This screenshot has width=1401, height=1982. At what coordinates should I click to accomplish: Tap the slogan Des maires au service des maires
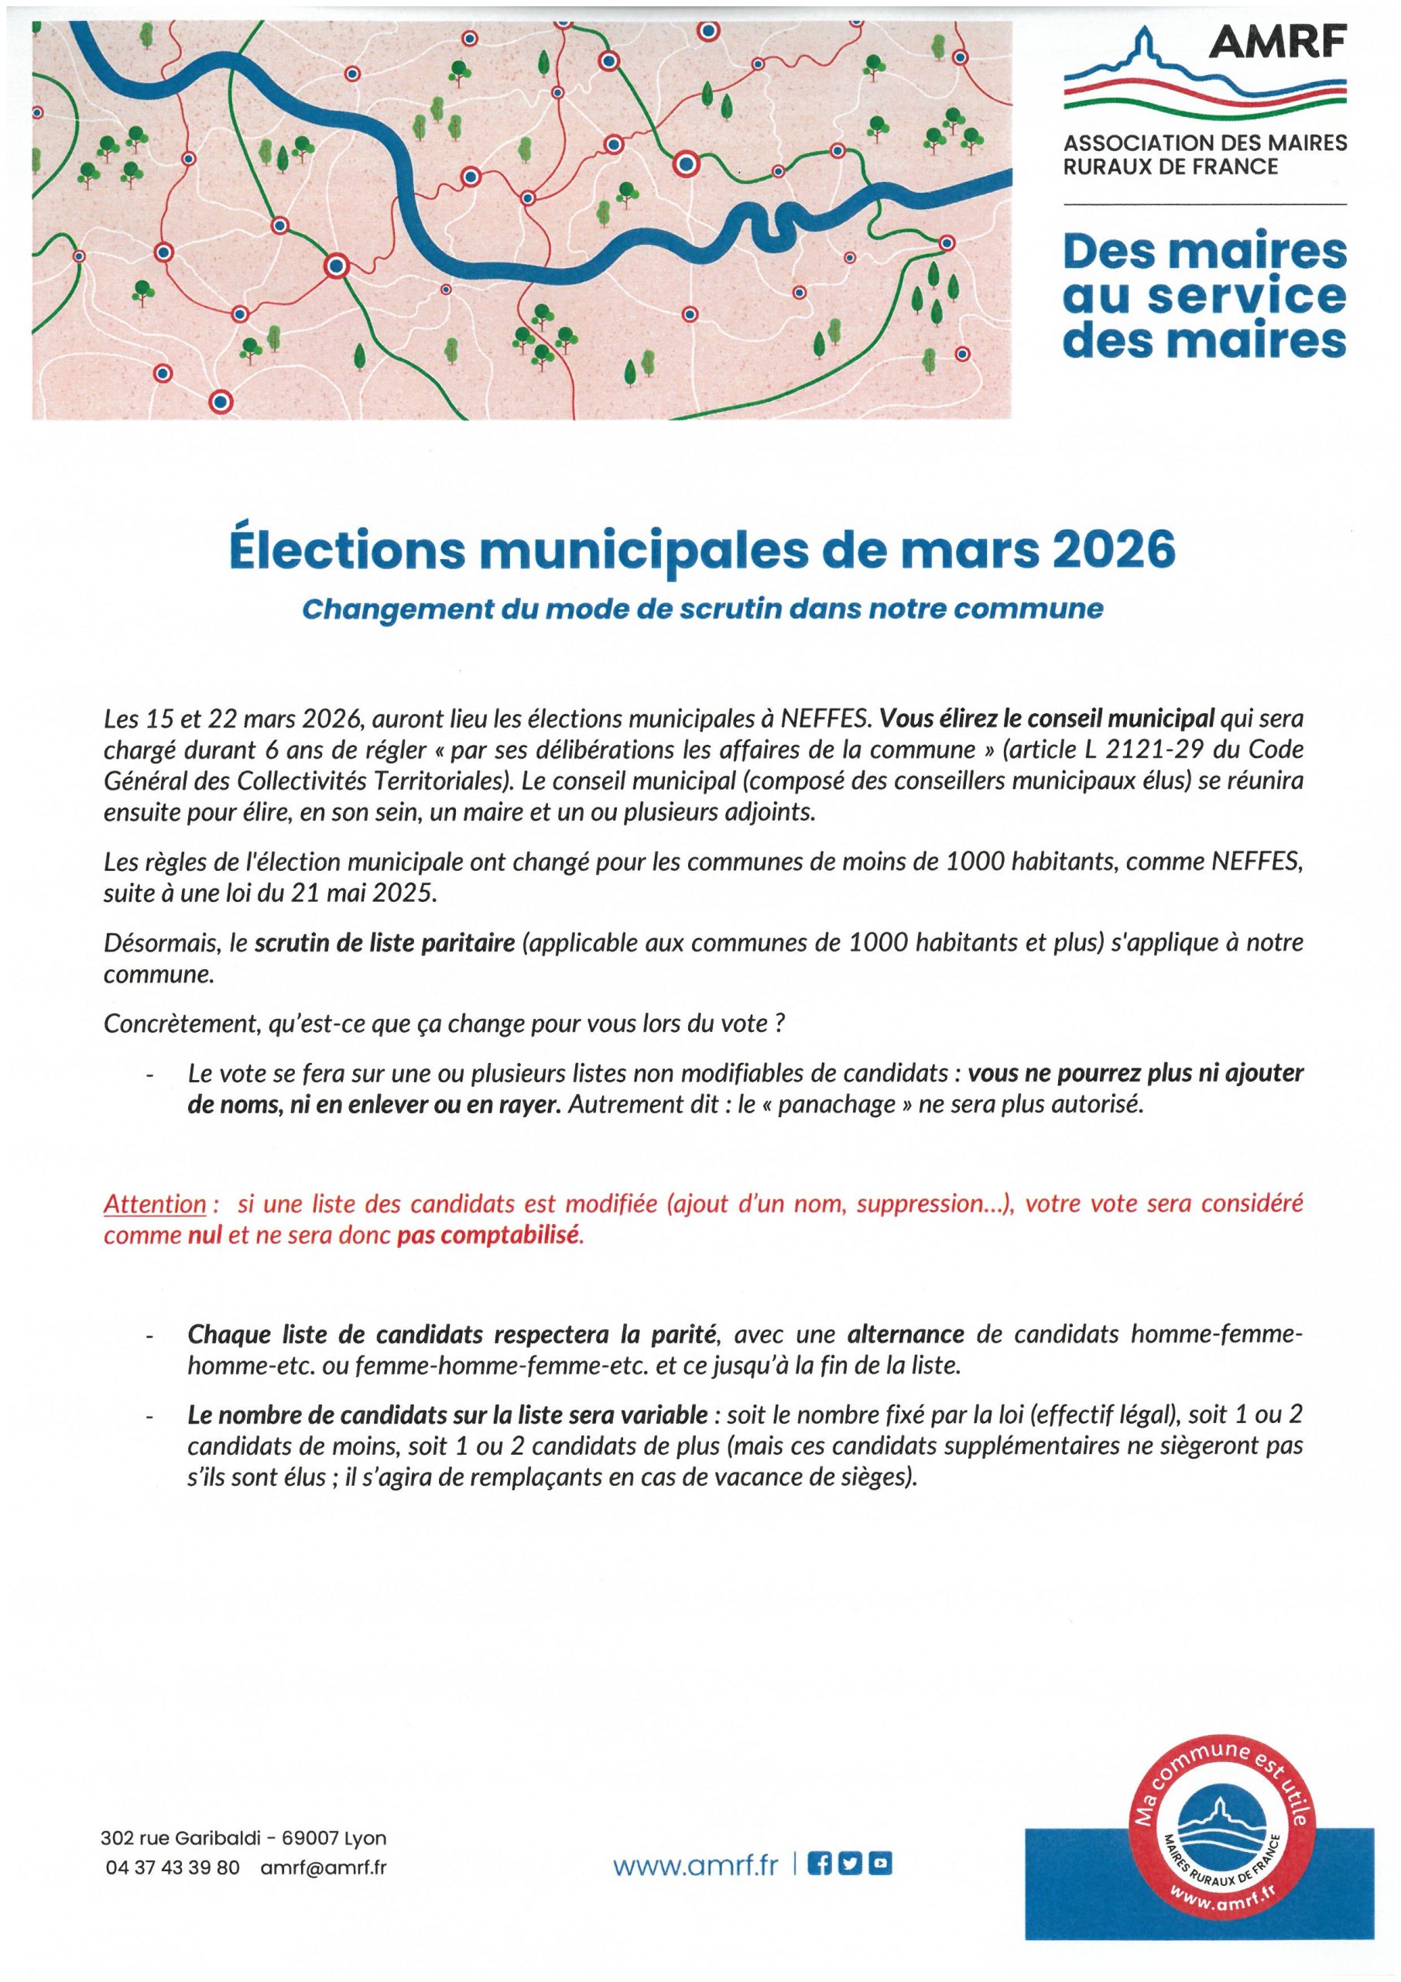[x=1204, y=295]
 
